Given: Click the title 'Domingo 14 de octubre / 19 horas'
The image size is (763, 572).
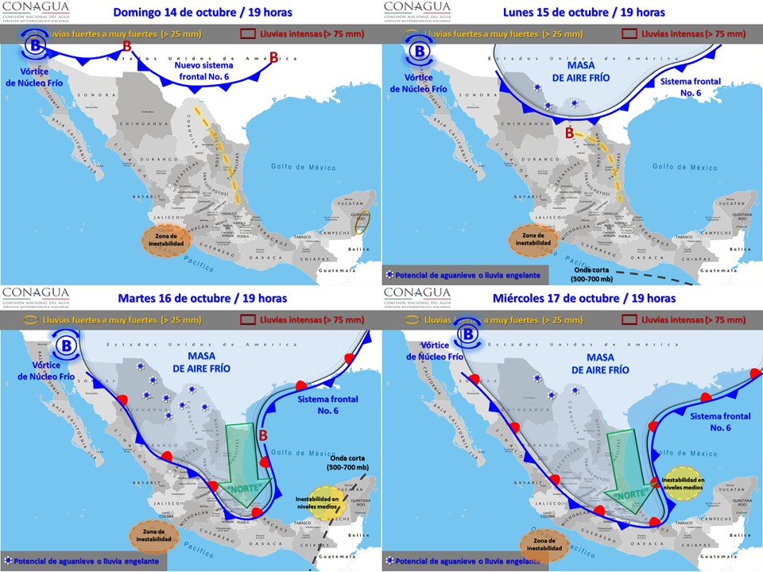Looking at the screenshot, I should tap(202, 13).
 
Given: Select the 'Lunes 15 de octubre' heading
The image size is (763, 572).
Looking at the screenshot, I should tap(583, 13).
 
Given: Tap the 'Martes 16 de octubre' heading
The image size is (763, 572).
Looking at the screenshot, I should tap(202, 299).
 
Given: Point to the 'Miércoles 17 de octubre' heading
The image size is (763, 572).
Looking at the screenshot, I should tap(583, 299).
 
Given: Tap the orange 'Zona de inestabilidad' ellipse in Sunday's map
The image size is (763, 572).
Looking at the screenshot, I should tap(168, 239).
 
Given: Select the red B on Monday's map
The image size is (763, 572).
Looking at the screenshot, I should tap(569, 133).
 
